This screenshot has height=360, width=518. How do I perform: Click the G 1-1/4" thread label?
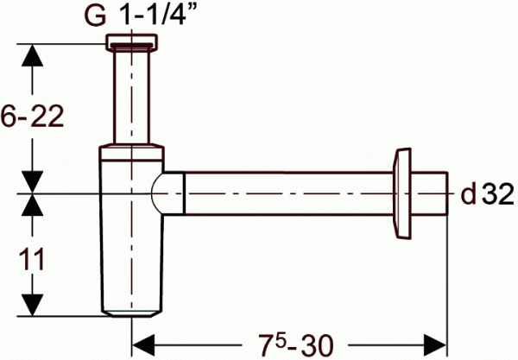(x=139, y=16)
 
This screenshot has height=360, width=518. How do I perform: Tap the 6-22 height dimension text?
(x=32, y=117)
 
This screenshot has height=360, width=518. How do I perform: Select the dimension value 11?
(x=32, y=260)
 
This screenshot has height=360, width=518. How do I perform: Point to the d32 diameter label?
(x=488, y=194)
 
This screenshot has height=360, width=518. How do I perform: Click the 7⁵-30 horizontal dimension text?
(x=295, y=344)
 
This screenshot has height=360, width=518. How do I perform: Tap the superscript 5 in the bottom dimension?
(x=280, y=340)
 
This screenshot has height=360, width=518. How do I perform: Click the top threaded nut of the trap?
(x=131, y=42)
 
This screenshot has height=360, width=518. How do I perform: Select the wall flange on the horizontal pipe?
(x=402, y=193)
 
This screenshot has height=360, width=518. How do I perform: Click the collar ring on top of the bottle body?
(x=131, y=152)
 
